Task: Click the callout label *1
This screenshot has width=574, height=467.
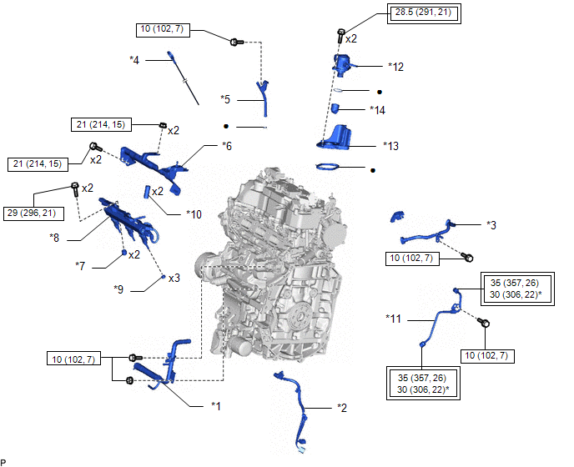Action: [216, 405]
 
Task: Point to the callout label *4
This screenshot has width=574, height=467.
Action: [134, 60]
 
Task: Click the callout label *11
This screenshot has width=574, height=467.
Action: [394, 318]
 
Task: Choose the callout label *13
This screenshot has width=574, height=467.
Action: [390, 145]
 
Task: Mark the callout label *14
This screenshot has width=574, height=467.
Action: [378, 109]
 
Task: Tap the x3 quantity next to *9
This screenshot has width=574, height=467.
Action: [174, 278]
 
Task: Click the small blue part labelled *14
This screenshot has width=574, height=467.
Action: [338, 109]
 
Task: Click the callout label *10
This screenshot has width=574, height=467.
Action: [194, 213]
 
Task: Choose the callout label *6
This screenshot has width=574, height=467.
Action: [226, 146]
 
